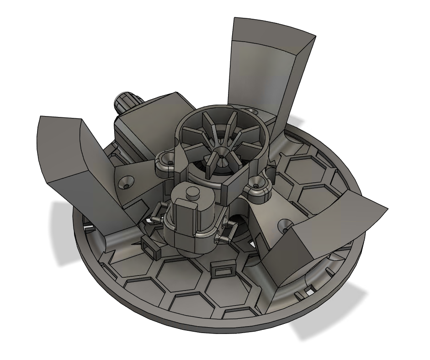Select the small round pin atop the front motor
(x=194, y=192)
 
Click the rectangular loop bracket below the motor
(x=223, y=270)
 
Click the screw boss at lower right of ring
(x=256, y=185)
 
